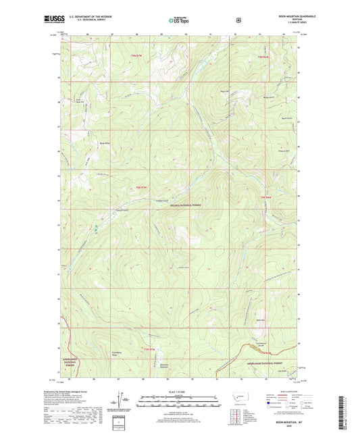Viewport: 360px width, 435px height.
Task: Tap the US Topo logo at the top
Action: pos(179,21)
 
